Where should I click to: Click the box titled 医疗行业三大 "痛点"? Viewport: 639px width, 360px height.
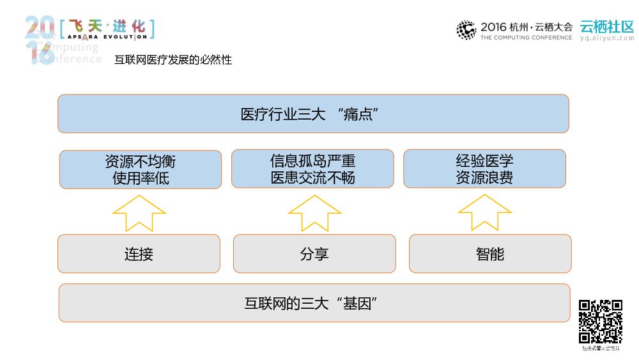(x=313, y=114)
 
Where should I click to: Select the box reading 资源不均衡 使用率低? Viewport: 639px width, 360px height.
(x=141, y=169)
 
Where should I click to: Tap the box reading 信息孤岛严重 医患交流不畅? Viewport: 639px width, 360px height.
(x=312, y=169)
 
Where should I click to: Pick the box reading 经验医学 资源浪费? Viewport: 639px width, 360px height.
(x=484, y=169)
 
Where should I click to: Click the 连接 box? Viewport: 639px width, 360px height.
(x=139, y=254)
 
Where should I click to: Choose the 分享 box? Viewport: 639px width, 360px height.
(x=314, y=254)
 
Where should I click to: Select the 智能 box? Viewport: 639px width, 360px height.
(x=489, y=254)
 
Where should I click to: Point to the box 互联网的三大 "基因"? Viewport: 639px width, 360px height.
(x=314, y=303)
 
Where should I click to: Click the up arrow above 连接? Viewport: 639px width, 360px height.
(x=139, y=212)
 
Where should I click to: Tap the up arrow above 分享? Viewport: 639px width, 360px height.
(x=314, y=212)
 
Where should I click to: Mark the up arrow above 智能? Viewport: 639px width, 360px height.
(x=484, y=212)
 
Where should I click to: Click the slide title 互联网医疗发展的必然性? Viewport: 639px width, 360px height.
(x=173, y=60)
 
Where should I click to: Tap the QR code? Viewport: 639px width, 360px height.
(x=601, y=322)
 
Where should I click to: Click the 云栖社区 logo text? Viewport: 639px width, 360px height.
(x=606, y=27)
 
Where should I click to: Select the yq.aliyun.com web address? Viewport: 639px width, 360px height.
(x=606, y=38)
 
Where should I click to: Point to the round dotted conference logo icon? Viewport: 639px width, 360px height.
(x=466, y=30)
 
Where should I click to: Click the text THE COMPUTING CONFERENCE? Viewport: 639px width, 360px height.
(x=526, y=38)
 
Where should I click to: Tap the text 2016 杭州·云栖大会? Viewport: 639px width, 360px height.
(x=526, y=27)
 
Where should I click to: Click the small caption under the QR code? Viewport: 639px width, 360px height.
(x=601, y=348)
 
